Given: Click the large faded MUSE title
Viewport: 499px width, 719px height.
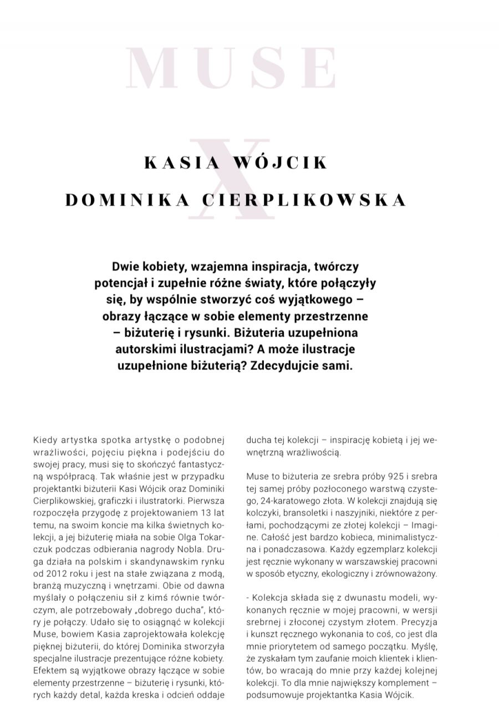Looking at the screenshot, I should pos(232,69).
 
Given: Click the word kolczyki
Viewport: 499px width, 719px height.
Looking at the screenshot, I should pos(263,513).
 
